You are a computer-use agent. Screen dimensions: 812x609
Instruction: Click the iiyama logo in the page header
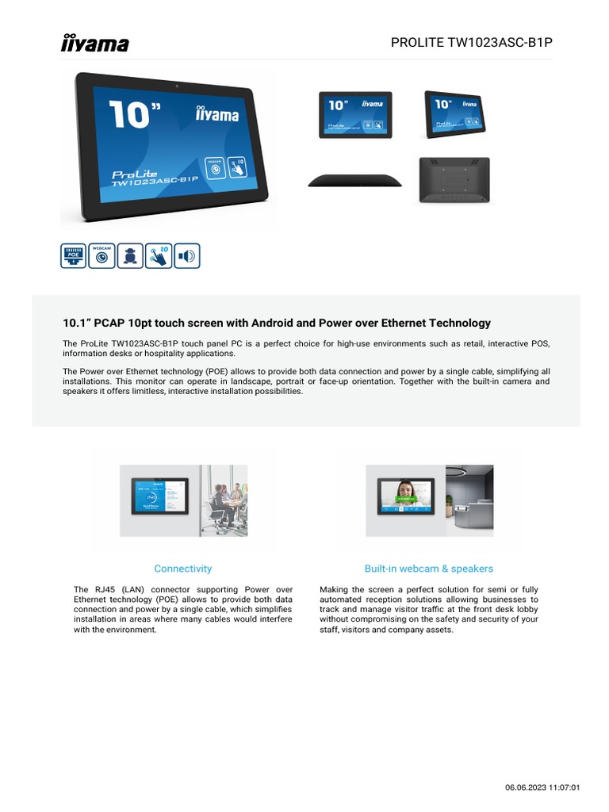click(x=95, y=43)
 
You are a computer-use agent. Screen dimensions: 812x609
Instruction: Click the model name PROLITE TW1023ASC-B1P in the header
click(x=471, y=43)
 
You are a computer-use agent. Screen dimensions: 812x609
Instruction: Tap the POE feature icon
click(x=74, y=255)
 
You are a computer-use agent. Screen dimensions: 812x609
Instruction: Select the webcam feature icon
click(x=101, y=255)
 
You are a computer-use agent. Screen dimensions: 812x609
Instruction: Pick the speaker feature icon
click(x=187, y=255)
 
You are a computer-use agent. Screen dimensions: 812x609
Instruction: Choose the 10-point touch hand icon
click(x=159, y=255)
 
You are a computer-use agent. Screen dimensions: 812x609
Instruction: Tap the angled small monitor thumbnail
click(x=454, y=112)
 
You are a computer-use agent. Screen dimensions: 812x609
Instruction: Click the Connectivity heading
click(x=183, y=569)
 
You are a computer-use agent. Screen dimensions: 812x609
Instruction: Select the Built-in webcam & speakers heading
click(x=428, y=569)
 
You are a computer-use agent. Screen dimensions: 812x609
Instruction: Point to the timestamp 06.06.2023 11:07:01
click(x=543, y=787)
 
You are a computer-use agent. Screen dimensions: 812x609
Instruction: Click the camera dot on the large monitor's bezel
click(x=176, y=85)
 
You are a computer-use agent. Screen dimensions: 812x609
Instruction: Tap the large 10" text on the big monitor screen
click(x=128, y=115)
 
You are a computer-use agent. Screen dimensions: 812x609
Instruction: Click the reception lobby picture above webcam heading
click(x=469, y=500)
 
